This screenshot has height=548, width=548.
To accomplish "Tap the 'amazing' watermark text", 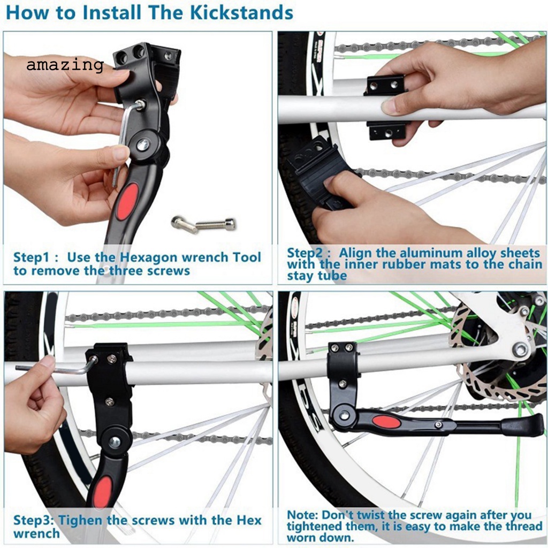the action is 65,65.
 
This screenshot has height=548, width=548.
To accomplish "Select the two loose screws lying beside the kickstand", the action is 203,224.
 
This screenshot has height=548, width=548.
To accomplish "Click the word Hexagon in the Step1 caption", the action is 149,257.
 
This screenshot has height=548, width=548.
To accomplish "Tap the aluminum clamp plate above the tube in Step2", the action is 386,85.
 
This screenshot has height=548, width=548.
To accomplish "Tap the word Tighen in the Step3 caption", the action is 81,520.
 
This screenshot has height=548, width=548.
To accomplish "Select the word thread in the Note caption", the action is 523,527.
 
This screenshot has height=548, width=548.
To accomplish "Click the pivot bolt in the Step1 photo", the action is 143,144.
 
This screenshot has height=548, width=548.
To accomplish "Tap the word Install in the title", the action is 112,13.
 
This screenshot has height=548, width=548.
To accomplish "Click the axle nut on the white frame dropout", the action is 520,349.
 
